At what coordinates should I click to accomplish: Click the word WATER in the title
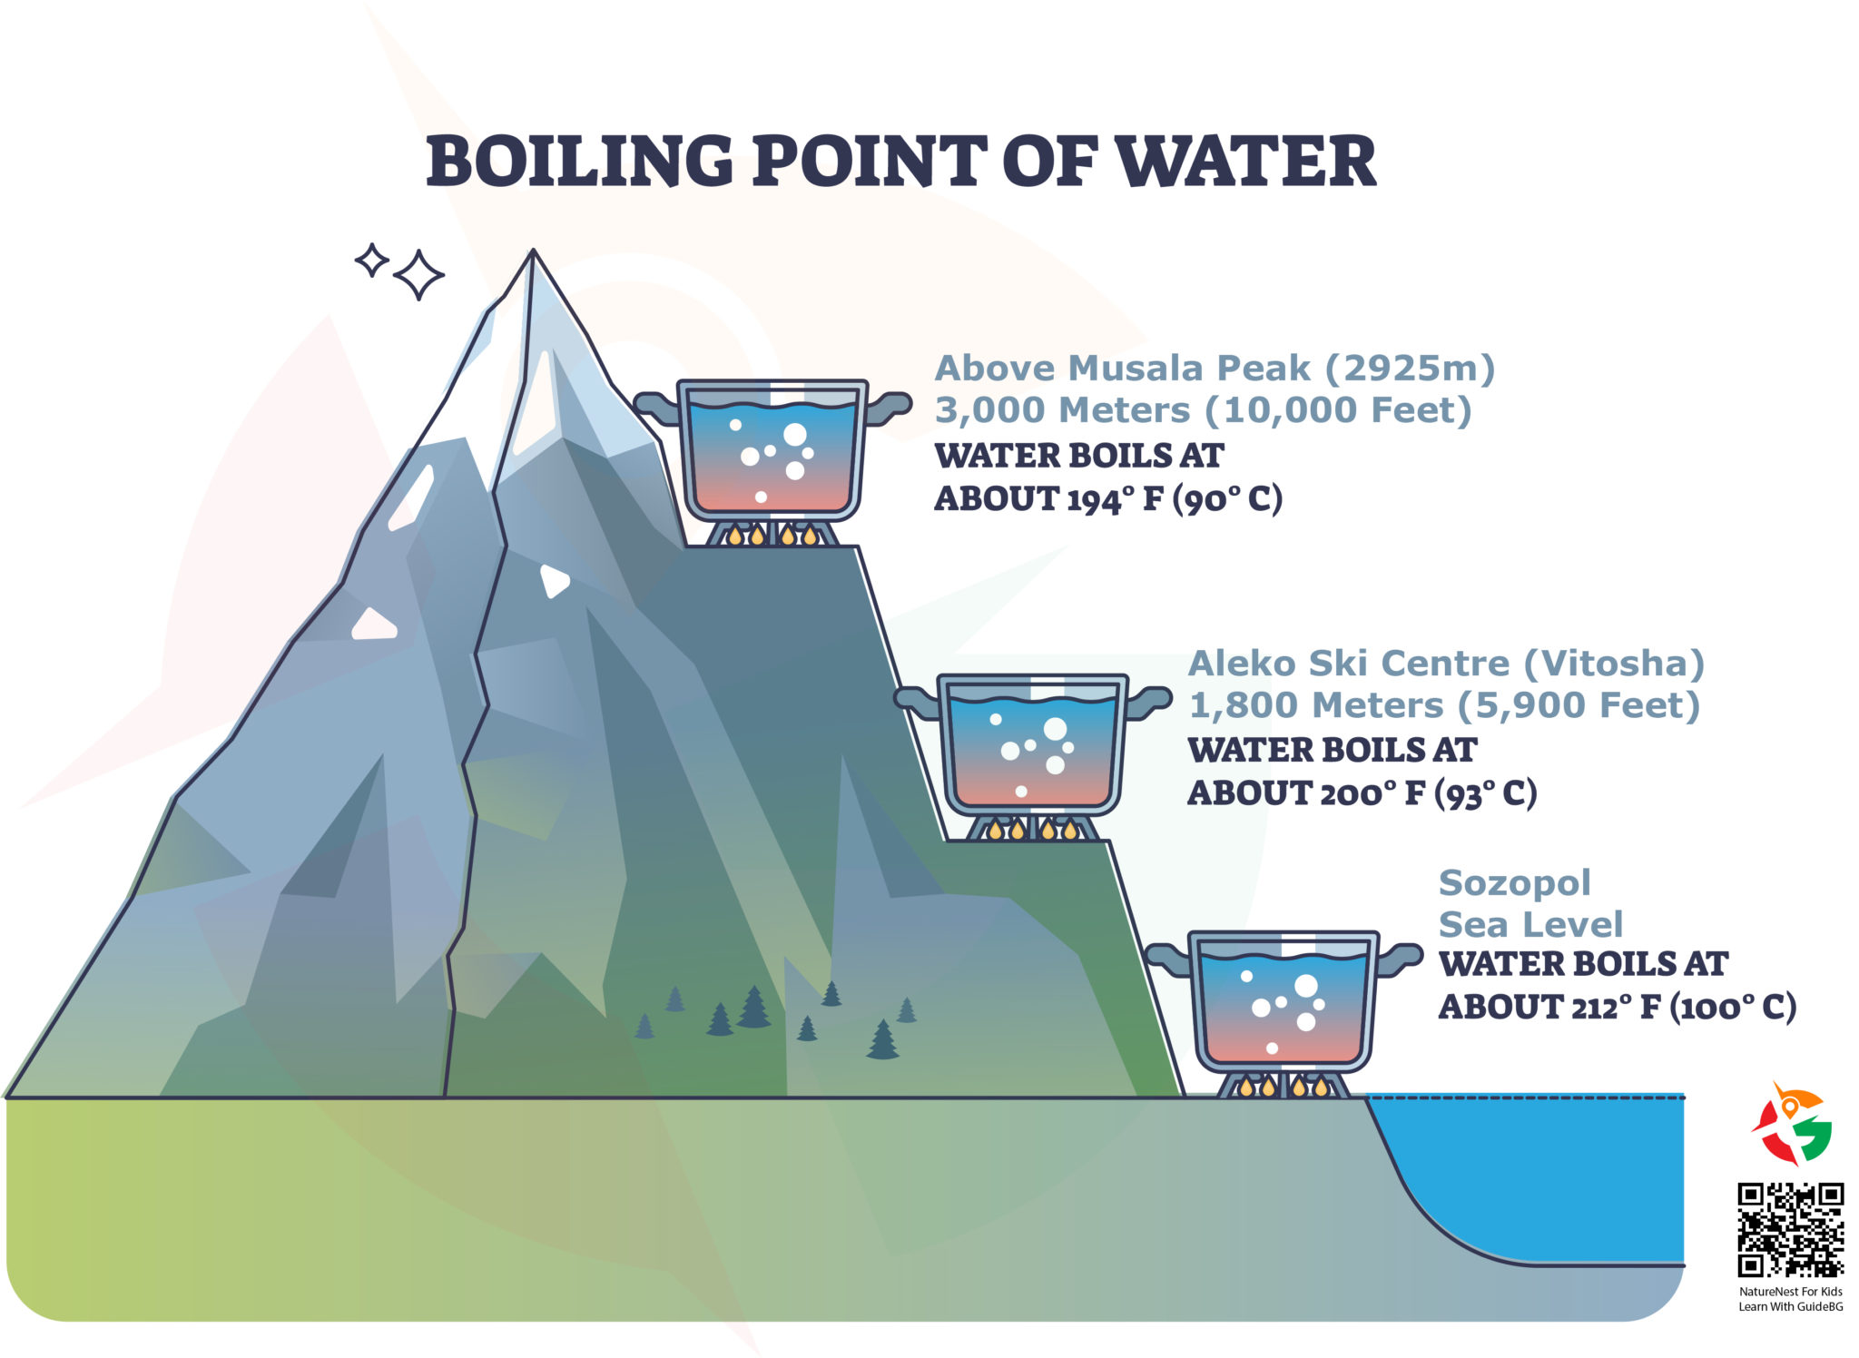pyautogui.click(x=1245, y=162)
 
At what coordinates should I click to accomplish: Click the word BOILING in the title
pyautogui.click(x=579, y=162)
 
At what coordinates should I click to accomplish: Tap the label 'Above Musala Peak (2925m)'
pyautogui.click(x=1215, y=369)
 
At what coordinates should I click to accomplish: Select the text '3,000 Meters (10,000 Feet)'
pyautogui.click(x=1203, y=410)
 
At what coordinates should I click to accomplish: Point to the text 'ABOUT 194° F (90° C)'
pyautogui.click(x=1107, y=499)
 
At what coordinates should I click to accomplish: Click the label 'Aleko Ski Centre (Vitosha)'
pyautogui.click(x=1446, y=664)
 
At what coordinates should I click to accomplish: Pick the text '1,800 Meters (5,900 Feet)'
pyautogui.click(x=1443, y=705)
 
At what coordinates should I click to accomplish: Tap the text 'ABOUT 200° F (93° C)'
pyautogui.click(x=1362, y=794)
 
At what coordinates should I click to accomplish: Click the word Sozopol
pyautogui.click(x=1514, y=883)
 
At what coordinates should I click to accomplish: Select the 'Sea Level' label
pyautogui.click(x=1530, y=925)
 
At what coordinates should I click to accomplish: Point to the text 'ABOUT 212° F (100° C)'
pyautogui.click(x=1617, y=1008)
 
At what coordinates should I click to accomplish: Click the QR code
pyautogui.click(x=1790, y=1229)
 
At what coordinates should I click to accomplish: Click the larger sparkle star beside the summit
pyautogui.click(x=418, y=274)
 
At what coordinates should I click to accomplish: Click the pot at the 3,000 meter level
pyautogui.click(x=772, y=449)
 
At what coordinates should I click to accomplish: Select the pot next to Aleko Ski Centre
pyautogui.click(x=1032, y=744)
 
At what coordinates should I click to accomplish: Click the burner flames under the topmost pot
pyautogui.click(x=772, y=535)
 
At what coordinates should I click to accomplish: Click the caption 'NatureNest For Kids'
pyautogui.click(x=1790, y=1292)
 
